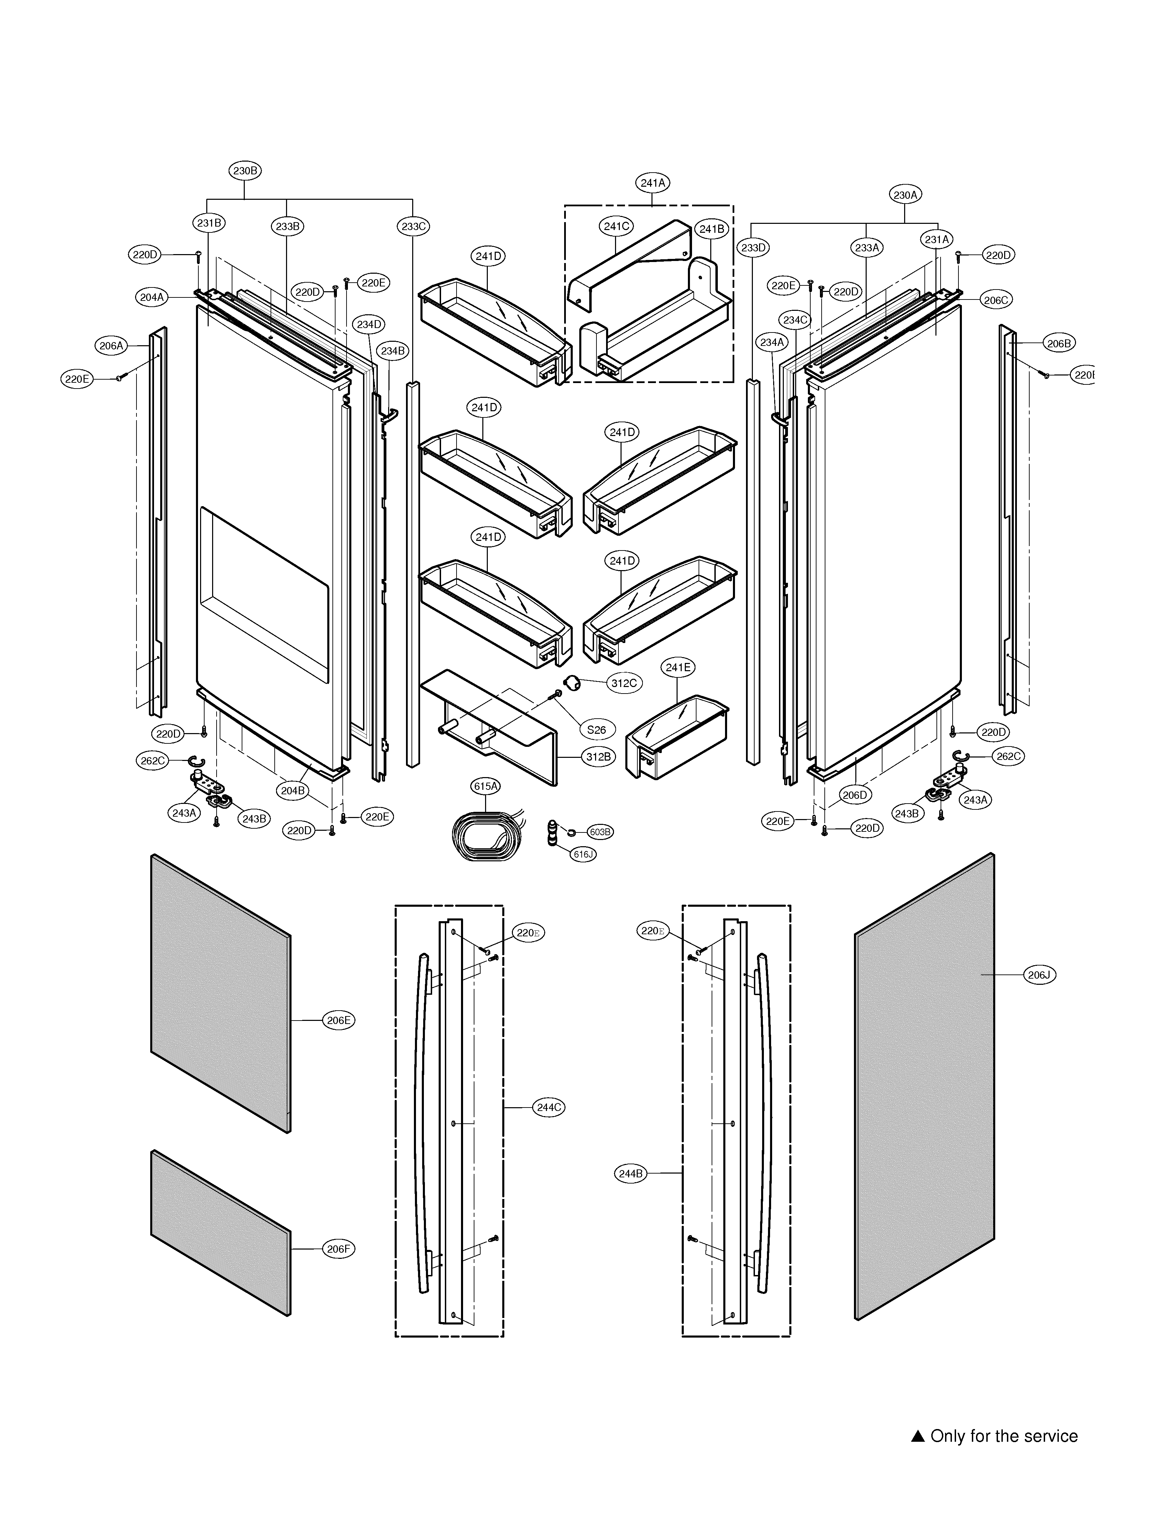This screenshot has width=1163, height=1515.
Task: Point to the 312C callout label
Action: pyautogui.click(x=624, y=683)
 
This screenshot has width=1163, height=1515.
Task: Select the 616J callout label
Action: pyautogui.click(x=583, y=854)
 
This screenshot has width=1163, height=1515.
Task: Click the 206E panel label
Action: pyautogui.click(x=339, y=1020)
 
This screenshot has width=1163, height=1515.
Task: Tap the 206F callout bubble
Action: pyautogui.click(x=339, y=1249)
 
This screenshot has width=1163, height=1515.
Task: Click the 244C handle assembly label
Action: pyautogui.click(x=549, y=1107)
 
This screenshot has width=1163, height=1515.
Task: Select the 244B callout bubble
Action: pyautogui.click(x=630, y=1174)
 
